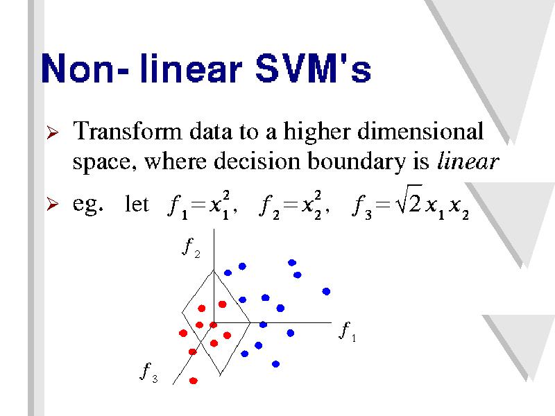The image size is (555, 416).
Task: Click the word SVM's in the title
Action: click(313, 68)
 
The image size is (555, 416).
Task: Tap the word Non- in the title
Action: click(85, 68)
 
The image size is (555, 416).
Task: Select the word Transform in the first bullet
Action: click(127, 131)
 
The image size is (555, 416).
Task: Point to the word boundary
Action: click(356, 162)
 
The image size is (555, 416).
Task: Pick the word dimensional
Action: click(420, 131)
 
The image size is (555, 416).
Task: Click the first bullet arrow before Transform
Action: click(53, 132)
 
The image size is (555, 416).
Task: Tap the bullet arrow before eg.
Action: click(53, 204)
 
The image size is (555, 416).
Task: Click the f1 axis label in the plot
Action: click(348, 332)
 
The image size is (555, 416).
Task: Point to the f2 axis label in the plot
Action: click(191, 248)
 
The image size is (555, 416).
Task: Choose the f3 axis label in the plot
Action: click(149, 372)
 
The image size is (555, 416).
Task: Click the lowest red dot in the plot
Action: click(194, 381)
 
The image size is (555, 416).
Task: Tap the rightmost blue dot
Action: click(326, 291)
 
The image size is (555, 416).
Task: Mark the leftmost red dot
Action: click(183, 333)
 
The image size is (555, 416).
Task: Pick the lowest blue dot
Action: click(275, 364)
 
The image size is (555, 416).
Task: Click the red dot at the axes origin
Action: click(213, 324)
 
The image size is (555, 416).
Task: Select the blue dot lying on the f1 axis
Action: click(263, 324)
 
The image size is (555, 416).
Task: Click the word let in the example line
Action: click(137, 204)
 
